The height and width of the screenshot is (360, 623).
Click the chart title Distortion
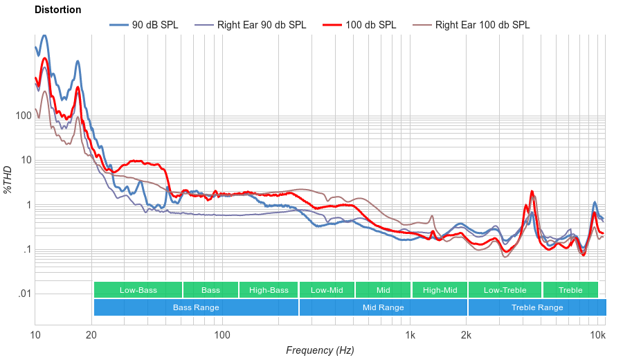point(57,10)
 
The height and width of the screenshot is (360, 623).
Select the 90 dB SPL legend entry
point(155,25)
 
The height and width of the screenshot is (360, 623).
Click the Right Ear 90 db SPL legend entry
point(262,25)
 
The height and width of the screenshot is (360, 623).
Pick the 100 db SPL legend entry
point(371,25)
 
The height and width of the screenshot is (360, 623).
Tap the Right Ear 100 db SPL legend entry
point(482,25)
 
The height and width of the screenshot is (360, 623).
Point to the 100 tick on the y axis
point(24,116)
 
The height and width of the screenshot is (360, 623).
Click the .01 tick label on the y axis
point(24,294)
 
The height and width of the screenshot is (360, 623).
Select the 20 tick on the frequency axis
point(91,335)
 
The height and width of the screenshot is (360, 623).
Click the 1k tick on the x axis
point(410,335)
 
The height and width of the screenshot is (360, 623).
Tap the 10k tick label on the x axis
point(598,335)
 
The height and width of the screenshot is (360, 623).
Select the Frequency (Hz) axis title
point(320,350)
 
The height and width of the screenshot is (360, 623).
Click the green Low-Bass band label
point(138,290)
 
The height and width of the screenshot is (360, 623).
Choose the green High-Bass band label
point(269,290)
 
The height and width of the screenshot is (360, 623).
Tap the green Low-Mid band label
point(327,290)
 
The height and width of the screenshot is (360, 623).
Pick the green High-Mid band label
point(440,290)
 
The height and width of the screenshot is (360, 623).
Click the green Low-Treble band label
point(505,290)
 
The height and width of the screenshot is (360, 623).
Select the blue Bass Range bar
point(196,307)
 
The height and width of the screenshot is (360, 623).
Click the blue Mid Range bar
point(383,307)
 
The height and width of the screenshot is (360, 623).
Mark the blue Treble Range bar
point(536,307)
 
